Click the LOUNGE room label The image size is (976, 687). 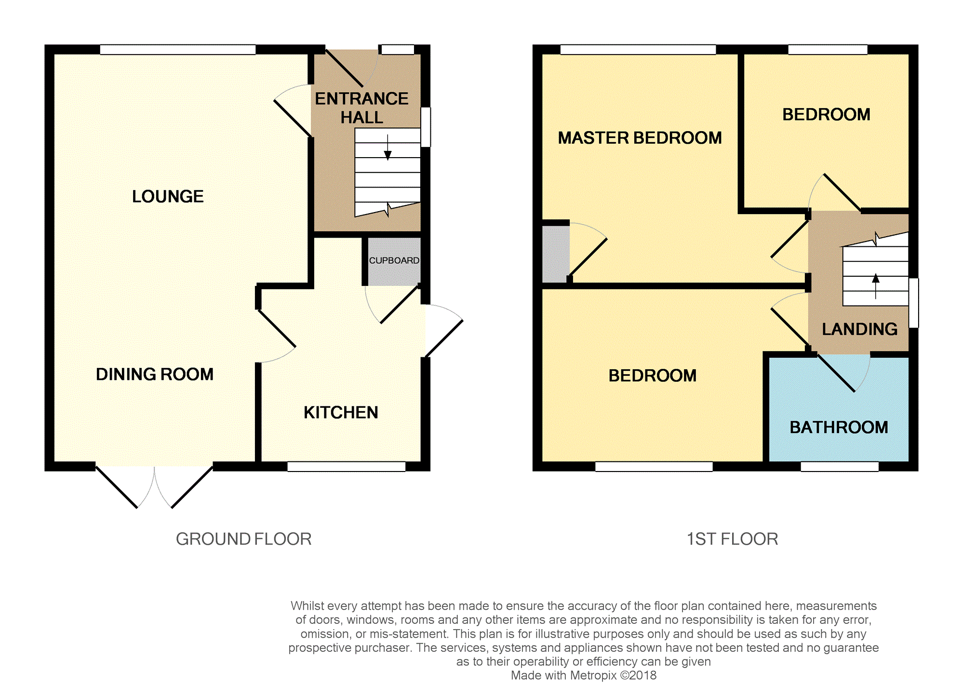tap(168, 197)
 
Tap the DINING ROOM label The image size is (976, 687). tap(155, 375)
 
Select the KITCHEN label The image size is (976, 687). tap(341, 413)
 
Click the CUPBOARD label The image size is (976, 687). tap(394, 261)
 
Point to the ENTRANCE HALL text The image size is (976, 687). tap(361, 108)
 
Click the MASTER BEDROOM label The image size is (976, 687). tap(640, 138)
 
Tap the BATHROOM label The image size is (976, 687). tap(839, 428)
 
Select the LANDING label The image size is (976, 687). tap(860, 329)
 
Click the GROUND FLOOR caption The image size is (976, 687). tap(244, 539)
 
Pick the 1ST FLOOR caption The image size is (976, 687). tap(733, 539)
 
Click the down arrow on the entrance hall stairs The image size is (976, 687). tap(388, 147)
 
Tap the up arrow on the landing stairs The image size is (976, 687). tap(876, 286)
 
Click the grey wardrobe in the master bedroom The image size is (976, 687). tap(556, 254)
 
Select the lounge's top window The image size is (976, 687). tap(178, 50)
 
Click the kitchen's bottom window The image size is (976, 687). tap(347, 466)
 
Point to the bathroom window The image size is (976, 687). tap(840, 466)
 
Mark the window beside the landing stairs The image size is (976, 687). tap(914, 303)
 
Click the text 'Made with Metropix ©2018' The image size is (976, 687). tap(584, 675)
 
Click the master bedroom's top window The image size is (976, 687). tap(638, 50)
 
